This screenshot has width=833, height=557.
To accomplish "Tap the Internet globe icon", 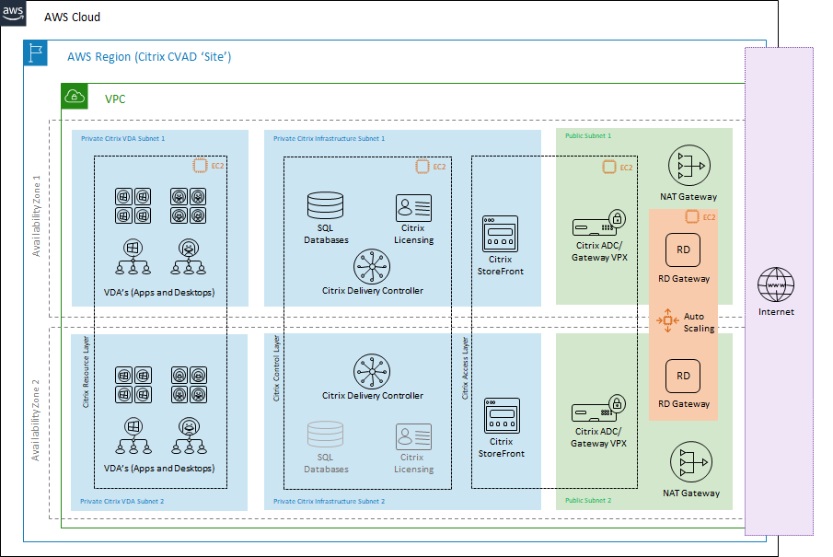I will click(x=774, y=286).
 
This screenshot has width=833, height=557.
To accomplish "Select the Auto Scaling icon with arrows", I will click(x=667, y=321).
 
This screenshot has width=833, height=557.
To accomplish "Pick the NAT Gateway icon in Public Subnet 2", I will click(x=690, y=463).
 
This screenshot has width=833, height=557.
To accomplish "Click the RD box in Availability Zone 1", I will click(x=683, y=249).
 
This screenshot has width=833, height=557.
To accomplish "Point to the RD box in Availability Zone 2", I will click(x=683, y=376).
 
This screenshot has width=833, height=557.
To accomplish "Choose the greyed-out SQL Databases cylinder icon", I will click(x=325, y=436).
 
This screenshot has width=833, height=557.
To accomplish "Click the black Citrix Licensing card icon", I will click(x=413, y=207).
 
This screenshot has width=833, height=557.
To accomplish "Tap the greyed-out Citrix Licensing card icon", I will click(x=413, y=437).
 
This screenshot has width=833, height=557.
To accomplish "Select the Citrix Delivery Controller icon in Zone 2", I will click(x=372, y=372).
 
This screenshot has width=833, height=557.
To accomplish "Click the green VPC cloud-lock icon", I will click(x=74, y=97).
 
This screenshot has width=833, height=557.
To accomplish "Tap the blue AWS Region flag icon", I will click(x=36, y=54).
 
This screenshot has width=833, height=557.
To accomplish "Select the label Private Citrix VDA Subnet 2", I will click(x=122, y=502).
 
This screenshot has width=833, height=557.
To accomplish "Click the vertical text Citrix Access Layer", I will click(x=465, y=368).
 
